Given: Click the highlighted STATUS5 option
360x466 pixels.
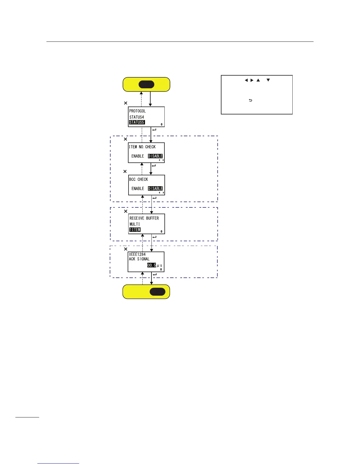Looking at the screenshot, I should (137, 122).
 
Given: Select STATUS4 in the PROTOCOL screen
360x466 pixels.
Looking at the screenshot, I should (137, 117).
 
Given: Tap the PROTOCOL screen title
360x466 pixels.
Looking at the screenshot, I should (138, 111).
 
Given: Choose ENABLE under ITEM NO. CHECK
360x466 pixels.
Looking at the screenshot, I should (138, 156).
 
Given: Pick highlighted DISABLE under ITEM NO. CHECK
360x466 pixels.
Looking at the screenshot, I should (155, 156).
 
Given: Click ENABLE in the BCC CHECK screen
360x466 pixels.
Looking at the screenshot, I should (138, 189).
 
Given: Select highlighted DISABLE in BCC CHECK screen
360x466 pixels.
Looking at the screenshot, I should (155, 189).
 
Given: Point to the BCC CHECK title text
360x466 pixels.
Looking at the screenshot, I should (139, 179).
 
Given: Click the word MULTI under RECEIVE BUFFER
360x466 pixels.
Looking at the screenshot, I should (135, 224).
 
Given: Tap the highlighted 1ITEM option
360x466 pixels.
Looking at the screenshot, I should (135, 230).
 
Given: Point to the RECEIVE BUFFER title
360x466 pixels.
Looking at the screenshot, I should (144, 218).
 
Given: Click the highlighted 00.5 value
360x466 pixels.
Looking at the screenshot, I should (151, 265).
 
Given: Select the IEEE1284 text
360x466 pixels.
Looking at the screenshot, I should (137, 254).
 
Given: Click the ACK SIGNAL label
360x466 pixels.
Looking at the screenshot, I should (139, 259).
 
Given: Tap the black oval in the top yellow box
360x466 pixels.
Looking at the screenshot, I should (146, 84).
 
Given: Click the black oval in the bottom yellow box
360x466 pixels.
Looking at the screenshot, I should (158, 292).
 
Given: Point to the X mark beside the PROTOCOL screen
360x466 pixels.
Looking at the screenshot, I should (126, 103).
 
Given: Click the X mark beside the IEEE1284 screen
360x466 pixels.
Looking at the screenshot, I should (126, 249).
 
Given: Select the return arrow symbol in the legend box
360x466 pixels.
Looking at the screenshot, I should (251, 101).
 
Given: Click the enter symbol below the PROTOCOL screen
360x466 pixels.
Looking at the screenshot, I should (154, 130).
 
